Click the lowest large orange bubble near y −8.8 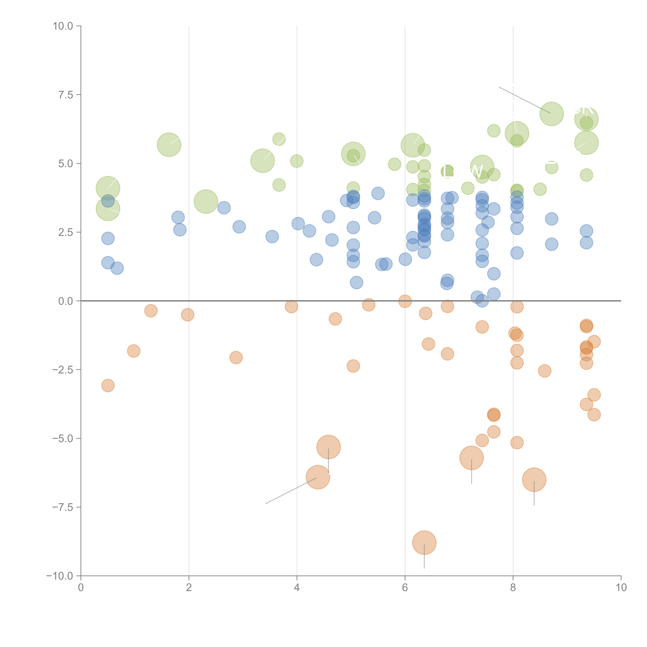pos(424,543)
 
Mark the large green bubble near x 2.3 pos(206,201)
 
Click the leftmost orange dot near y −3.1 pos(108,385)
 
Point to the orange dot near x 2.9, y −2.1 pos(236,358)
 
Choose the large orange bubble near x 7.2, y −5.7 pos(472,458)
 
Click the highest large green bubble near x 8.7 pos(552,114)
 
